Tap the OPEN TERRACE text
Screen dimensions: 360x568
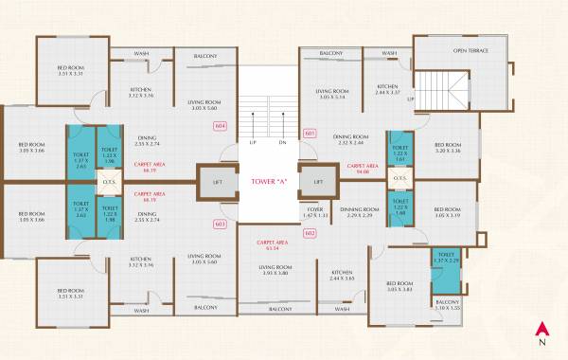click(x=470, y=50)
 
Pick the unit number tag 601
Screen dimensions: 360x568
click(x=309, y=134)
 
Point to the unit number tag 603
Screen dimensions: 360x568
click(x=220, y=224)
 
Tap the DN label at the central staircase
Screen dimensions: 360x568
click(x=282, y=142)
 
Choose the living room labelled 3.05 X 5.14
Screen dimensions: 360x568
click(x=332, y=94)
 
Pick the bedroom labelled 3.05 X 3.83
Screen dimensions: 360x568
click(x=399, y=287)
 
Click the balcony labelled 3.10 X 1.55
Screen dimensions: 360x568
click(x=447, y=305)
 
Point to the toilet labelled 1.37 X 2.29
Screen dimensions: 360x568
click(x=446, y=258)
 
